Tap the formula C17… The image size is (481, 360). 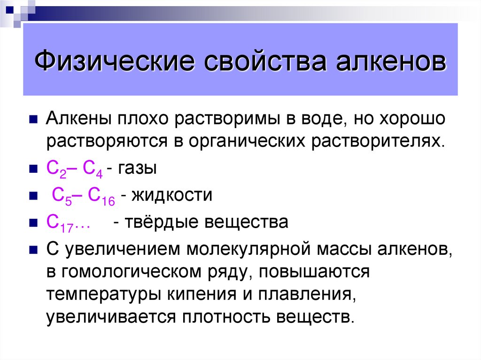(68, 222)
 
